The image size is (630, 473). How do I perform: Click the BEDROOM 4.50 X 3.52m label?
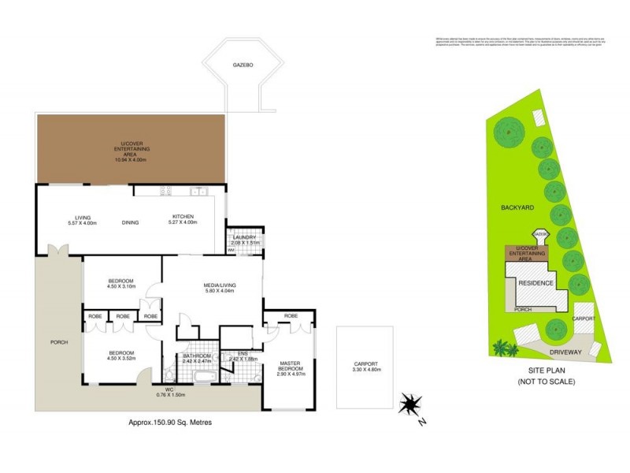click(120, 356)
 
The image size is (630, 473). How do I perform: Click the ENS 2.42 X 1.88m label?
click(243, 356)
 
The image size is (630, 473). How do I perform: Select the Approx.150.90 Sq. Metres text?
click(170, 423)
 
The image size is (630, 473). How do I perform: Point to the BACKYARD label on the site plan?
click(517, 207)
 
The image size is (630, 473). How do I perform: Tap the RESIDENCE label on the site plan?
click(536, 283)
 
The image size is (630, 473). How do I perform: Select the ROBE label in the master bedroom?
click(290, 315)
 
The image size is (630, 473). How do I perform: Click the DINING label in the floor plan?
click(131, 222)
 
